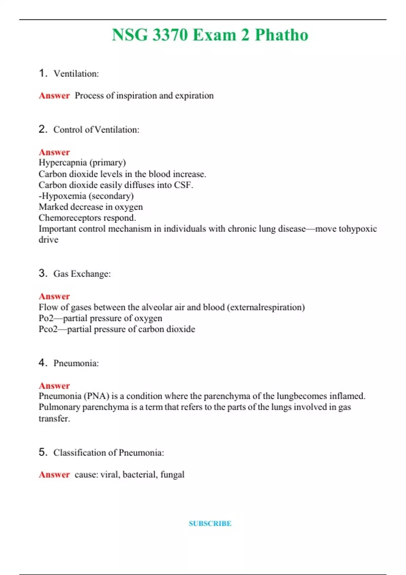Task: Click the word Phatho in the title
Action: pos(281,35)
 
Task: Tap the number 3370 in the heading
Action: pos(170,35)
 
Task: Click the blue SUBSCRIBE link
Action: pos(210,523)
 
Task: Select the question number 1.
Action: pos(42,73)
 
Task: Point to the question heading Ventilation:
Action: pos(76,74)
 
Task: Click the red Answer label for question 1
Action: pos(54,96)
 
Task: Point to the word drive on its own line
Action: pos(48,240)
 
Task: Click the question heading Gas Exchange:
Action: pos(82,274)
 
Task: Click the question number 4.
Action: pos(42,363)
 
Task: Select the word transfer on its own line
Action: pos(54,418)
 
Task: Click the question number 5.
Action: pos(42,452)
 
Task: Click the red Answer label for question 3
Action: pos(54,296)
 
